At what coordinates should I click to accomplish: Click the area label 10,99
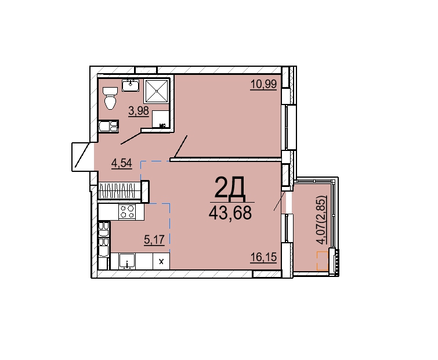point(263,84)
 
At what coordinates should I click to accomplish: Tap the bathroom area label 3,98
point(139,111)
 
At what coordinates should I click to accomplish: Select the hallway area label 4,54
point(121,163)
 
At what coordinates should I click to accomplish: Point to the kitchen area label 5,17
point(154,240)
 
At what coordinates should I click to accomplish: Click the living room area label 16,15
point(263,257)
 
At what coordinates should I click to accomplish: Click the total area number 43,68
point(230,213)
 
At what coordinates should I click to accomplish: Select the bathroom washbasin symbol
point(131,85)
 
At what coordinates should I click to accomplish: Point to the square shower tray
point(157,91)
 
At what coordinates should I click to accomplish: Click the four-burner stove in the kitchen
point(127,211)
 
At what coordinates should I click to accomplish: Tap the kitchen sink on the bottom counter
point(127,261)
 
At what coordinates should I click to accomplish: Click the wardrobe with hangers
point(120,190)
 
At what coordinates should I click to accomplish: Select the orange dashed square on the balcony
point(323,261)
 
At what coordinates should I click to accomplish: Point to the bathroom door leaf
point(131,138)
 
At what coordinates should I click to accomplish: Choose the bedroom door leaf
point(180,147)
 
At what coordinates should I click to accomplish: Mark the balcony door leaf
point(279,200)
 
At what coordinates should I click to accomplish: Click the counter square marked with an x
point(161,262)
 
